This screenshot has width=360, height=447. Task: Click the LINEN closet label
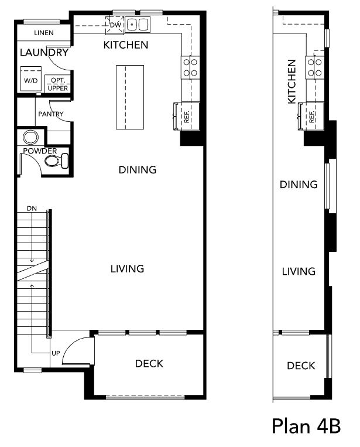tap(43, 33)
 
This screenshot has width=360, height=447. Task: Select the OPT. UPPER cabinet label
tap(57, 84)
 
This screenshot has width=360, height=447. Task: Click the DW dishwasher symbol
tap(115, 25)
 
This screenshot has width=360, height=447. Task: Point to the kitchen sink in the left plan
tap(138, 24)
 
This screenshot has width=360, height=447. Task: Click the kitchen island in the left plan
tap(130, 97)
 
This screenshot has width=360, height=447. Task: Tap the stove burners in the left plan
tap(190, 67)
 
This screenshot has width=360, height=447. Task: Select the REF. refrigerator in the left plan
tap(186, 117)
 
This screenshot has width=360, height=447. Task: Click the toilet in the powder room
tap(57, 161)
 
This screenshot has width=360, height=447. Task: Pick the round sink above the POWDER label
tap(30, 138)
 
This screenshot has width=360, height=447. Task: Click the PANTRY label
tap(51, 114)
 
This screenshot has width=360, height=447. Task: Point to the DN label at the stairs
tap(32, 209)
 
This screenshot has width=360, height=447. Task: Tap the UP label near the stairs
tap(56, 353)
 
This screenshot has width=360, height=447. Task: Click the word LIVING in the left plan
tap(127, 269)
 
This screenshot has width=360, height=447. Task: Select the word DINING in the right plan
tap(299, 185)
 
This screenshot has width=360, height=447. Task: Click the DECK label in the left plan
tap(149, 363)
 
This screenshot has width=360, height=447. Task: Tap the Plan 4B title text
tap(307, 426)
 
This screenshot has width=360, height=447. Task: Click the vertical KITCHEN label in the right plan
tap(292, 81)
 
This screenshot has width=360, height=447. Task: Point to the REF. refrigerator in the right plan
tap(311, 117)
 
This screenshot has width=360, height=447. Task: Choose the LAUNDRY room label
tap(44, 53)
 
